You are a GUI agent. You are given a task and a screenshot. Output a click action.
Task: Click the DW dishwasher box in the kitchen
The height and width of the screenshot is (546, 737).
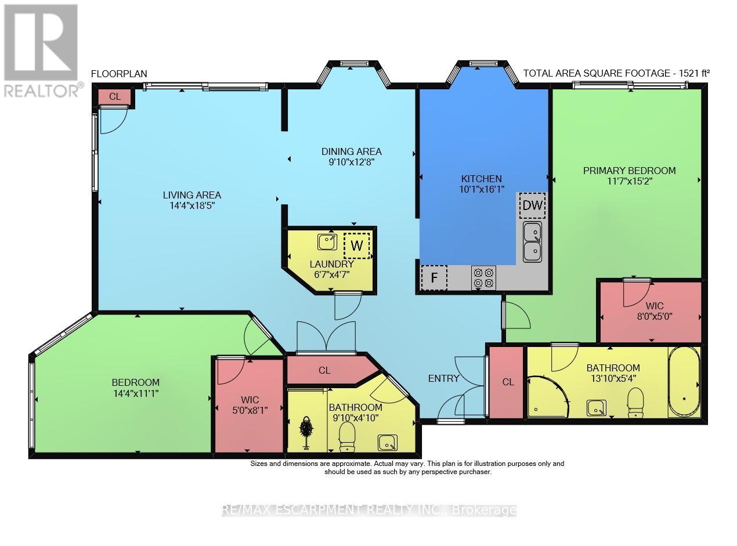tap(532, 205)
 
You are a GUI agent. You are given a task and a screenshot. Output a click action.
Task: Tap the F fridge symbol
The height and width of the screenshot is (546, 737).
tap(433, 277)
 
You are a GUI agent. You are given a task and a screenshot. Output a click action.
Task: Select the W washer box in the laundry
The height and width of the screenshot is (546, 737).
tap(356, 245)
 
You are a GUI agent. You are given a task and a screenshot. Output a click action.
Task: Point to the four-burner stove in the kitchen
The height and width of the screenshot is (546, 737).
tap(483, 277)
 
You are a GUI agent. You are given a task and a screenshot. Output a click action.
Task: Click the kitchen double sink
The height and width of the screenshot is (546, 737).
tap(532, 241)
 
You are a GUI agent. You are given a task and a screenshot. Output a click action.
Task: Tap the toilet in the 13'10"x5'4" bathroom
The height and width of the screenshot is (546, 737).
tap(635, 403)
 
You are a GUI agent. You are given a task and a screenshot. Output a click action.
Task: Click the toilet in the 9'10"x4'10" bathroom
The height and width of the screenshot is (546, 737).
tap(347, 437)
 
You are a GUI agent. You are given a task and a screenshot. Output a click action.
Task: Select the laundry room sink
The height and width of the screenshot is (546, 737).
tap(327, 241)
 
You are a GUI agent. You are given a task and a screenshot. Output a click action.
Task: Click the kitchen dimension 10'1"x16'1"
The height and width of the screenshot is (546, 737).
tap(481, 189)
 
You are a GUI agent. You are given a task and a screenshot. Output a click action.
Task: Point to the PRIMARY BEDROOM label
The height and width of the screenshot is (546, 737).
tap(629, 171)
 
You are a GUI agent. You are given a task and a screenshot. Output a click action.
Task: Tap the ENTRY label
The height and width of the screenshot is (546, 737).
tap(443, 378)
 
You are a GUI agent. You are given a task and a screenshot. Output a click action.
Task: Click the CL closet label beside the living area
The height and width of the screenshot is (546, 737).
tap(115, 97)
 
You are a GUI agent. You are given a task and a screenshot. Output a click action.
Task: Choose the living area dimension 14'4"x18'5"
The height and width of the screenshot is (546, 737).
tap(192, 206)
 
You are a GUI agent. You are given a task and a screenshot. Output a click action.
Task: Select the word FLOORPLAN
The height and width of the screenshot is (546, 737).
tap(119, 74)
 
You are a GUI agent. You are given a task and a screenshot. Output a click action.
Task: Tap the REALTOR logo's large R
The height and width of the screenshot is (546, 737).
tap(41, 42)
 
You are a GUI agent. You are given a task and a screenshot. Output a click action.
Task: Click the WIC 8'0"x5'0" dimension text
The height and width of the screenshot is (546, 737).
tap(655, 316)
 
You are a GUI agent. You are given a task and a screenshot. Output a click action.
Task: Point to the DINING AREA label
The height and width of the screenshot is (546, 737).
tap(351, 151)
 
